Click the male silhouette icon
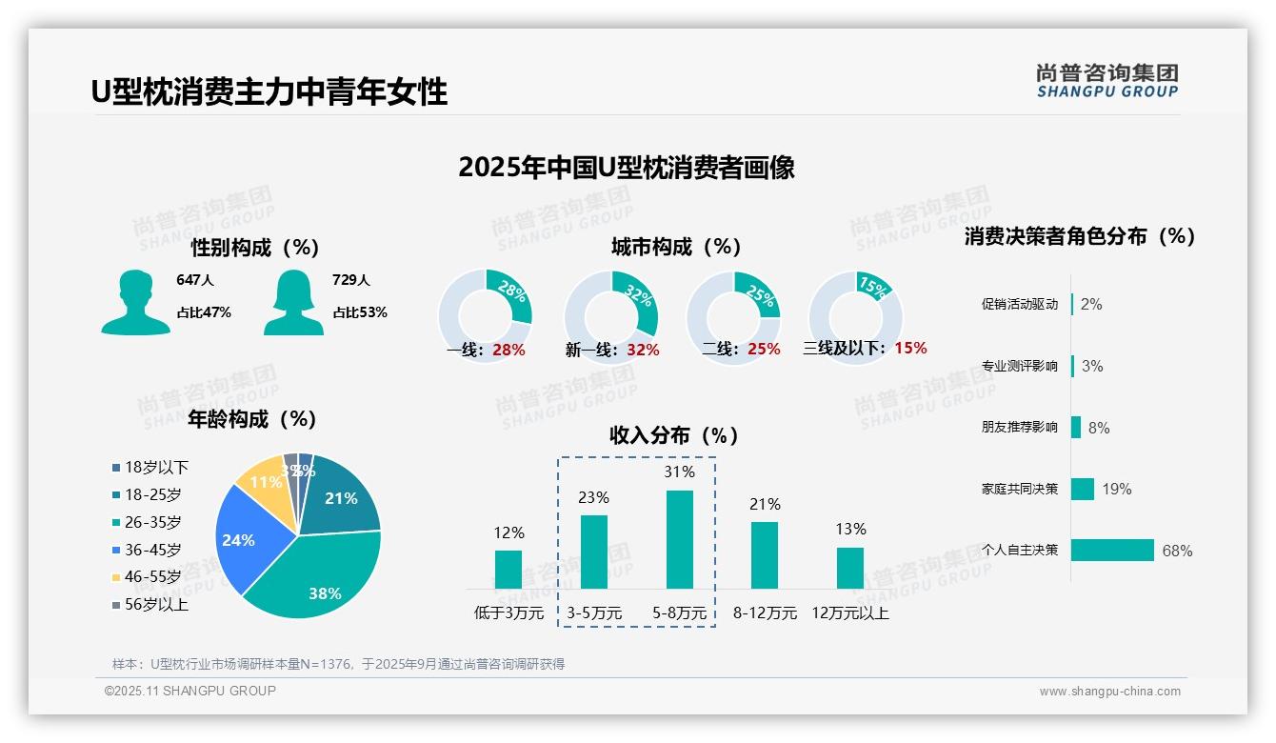pyautogui.click(x=135, y=302)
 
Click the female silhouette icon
pyautogui.click(x=293, y=302)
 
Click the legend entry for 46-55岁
pyautogui.click(x=152, y=577)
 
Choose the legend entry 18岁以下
pyautogui.click(x=156, y=467)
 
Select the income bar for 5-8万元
pyautogui.click(x=679, y=539)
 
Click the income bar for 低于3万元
pyautogui.click(x=508, y=569)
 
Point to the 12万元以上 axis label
pyautogui.click(x=849, y=613)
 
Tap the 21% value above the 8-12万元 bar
pyautogui.click(x=765, y=505)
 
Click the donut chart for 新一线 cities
pyautogui.click(x=611, y=317)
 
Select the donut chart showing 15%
pyautogui.click(x=855, y=317)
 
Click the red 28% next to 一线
pyautogui.click(x=508, y=350)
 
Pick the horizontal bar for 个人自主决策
pyautogui.click(x=1112, y=551)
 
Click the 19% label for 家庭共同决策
pyautogui.click(x=1117, y=490)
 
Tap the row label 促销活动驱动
pyautogui.click(x=1019, y=305)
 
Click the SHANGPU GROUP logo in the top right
pyautogui.click(x=1107, y=81)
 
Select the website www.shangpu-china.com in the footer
pyautogui.click(x=1109, y=692)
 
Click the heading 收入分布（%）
pyautogui.click(x=674, y=435)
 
